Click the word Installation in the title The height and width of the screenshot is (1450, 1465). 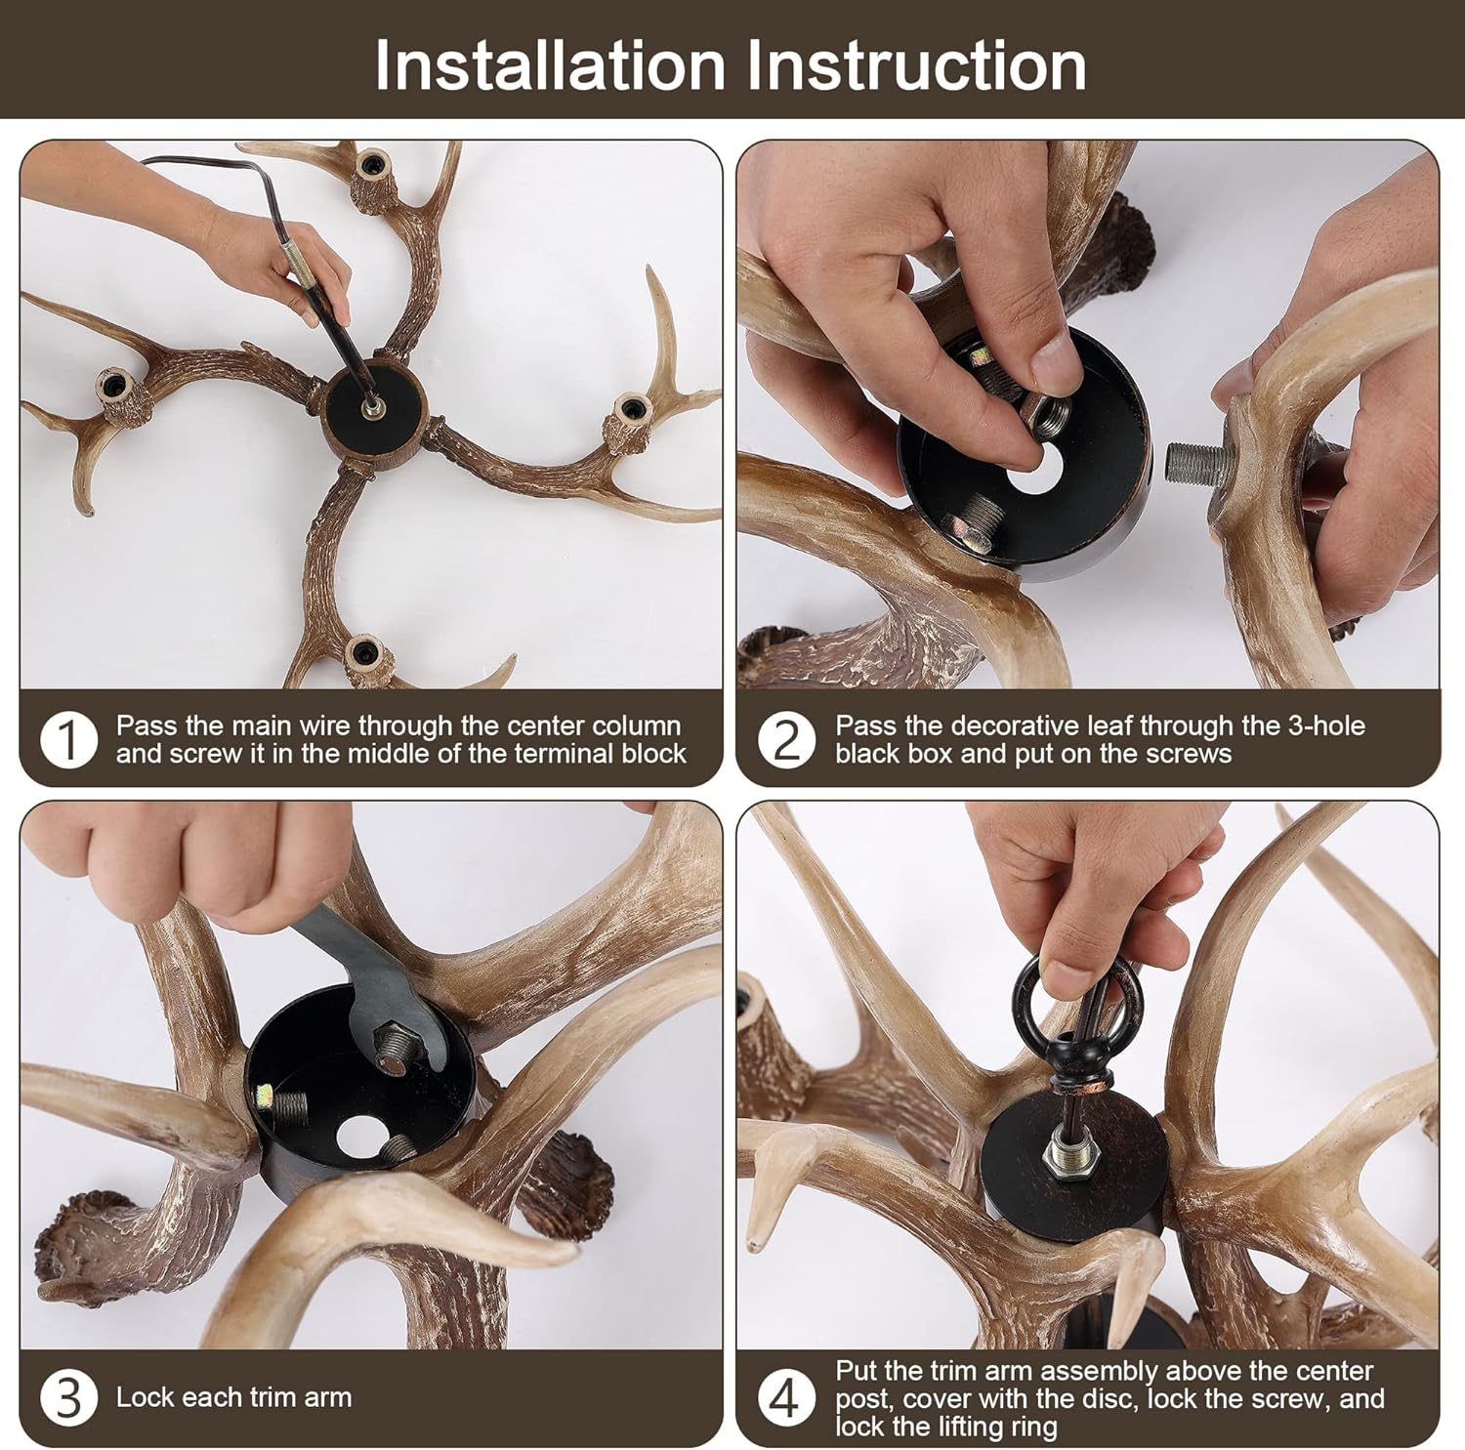(550, 65)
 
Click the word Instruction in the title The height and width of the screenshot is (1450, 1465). (918, 65)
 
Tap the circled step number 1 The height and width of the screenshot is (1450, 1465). (69, 740)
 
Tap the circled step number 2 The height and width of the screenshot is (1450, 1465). (787, 740)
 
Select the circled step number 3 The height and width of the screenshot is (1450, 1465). (69, 1397)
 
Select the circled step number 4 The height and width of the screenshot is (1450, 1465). (787, 1397)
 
